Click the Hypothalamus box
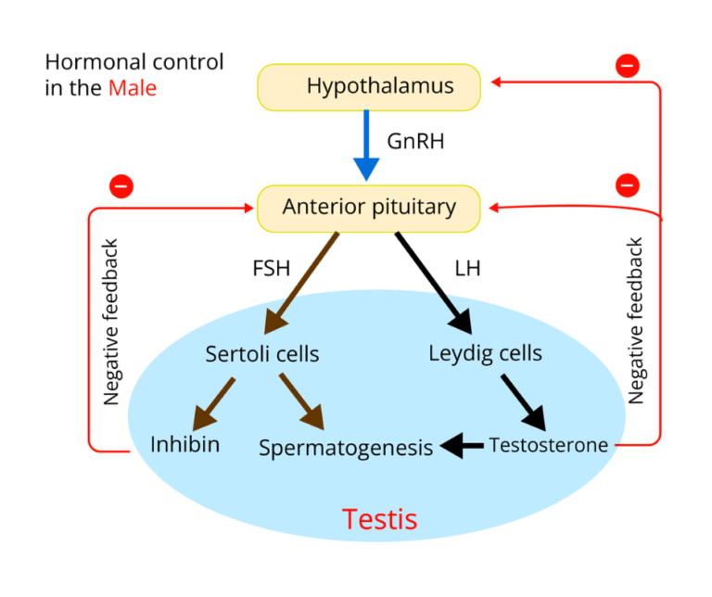click(x=369, y=87)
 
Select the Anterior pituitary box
click(x=369, y=207)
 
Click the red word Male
click(x=133, y=89)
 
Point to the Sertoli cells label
click(x=262, y=354)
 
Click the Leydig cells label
click(x=485, y=353)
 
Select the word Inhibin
click(x=185, y=444)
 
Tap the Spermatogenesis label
click(x=346, y=448)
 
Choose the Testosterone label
click(x=548, y=445)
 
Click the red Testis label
click(x=379, y=518)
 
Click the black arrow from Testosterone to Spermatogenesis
click(x=463, y=447)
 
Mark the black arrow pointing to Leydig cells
click(x=455, y=311)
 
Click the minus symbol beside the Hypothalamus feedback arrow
click(x=628, y=66)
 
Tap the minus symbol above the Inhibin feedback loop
click(x=121, y=186)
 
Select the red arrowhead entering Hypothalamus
click(x=495, y=82)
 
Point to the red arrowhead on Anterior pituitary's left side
click(x=249, y=209)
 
